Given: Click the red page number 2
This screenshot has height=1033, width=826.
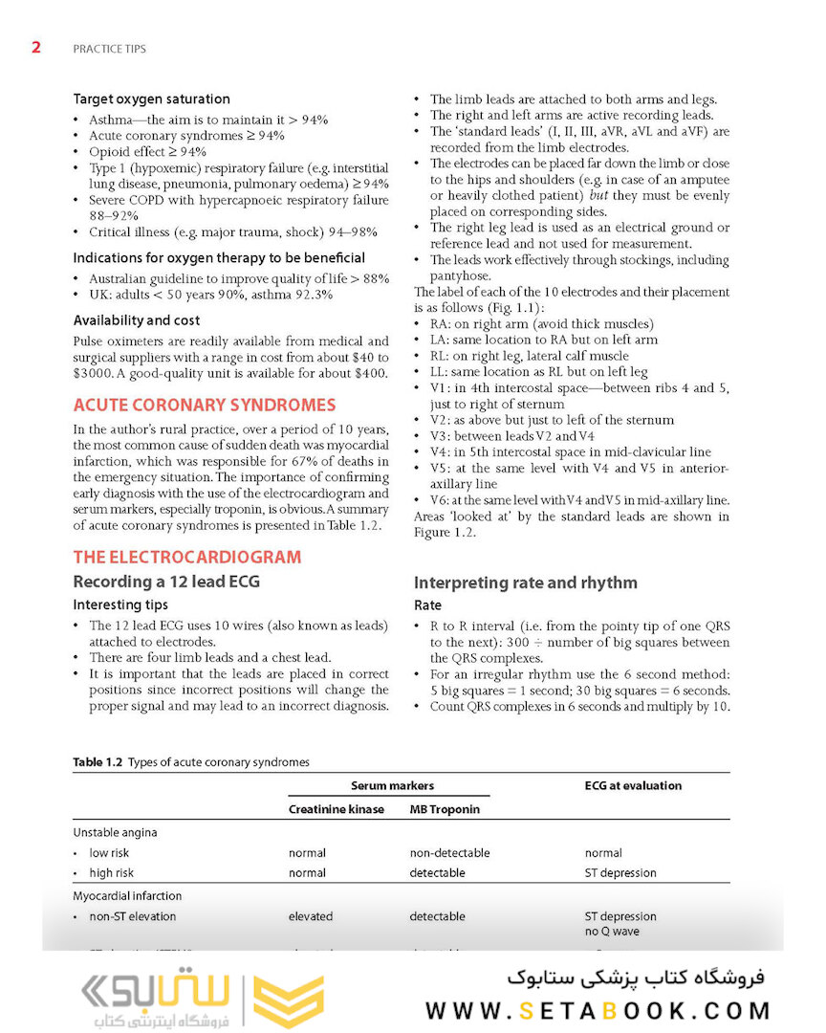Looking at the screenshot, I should click(36, 47).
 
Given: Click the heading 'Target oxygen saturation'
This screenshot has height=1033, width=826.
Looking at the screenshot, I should click(151, 99).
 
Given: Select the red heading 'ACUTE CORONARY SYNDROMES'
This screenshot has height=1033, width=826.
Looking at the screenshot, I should click(205, 406).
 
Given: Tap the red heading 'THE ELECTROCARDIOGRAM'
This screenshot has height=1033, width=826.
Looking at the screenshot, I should click(186, 557).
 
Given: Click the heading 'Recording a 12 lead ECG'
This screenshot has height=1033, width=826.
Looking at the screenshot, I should click(166, 582).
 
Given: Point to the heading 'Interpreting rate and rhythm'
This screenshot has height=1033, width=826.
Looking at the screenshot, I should click(525, 582).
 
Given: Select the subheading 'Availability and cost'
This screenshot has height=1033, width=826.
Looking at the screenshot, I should click(137, 320).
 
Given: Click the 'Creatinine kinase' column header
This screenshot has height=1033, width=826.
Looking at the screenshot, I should click(337, 809).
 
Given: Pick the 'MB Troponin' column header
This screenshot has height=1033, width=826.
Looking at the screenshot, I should click(445, 809).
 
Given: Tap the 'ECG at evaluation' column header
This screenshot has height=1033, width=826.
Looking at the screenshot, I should click(633, 785).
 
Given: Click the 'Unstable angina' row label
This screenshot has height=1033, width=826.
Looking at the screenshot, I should click(115, 832).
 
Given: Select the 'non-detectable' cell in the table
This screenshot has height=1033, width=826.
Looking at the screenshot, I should click(449, 852).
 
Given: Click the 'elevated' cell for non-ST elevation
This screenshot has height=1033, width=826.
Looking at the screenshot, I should click(311, 916).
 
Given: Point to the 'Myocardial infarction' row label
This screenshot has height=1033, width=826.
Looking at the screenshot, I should click(127, 896).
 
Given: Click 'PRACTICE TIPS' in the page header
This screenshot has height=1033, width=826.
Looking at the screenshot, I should click(109, 48).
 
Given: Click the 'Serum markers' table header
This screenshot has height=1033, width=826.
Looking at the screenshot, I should click(392, 785).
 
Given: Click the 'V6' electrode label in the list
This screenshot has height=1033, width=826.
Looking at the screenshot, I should click(439, 500).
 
